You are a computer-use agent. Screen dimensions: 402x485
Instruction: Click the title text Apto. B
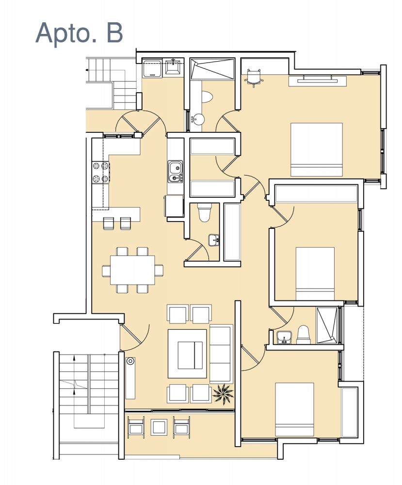click(79, 33)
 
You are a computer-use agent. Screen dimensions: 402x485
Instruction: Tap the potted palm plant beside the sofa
click(223, 394)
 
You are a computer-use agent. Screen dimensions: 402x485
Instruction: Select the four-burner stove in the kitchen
click(101, 172)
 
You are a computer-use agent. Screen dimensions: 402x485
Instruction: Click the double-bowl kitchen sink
click(176, 171)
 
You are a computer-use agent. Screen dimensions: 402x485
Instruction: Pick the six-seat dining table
click(133, 270)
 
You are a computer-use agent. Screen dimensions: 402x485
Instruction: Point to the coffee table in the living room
click(187, 354)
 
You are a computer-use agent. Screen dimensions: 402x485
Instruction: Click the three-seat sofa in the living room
click(221, 354)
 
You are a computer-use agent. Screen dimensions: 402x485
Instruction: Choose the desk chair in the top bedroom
click(254, 78)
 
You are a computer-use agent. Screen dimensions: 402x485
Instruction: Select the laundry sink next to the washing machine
click(173, 67)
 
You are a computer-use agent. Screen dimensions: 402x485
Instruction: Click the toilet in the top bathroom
click(207, 96)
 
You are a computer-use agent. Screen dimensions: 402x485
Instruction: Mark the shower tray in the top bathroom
click(212, 69)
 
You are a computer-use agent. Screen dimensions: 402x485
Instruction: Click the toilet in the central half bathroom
click(204, 212)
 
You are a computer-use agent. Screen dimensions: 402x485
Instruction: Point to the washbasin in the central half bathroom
click(214, 240)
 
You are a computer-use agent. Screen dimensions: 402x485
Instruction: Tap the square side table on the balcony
click(159, 427)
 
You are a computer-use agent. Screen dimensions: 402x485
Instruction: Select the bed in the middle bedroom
click(315, 274)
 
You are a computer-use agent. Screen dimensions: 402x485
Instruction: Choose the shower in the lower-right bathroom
click(327, 325)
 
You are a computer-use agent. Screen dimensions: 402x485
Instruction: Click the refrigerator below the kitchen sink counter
click(174, 206)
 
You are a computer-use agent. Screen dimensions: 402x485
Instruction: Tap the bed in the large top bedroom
click(317, 150)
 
